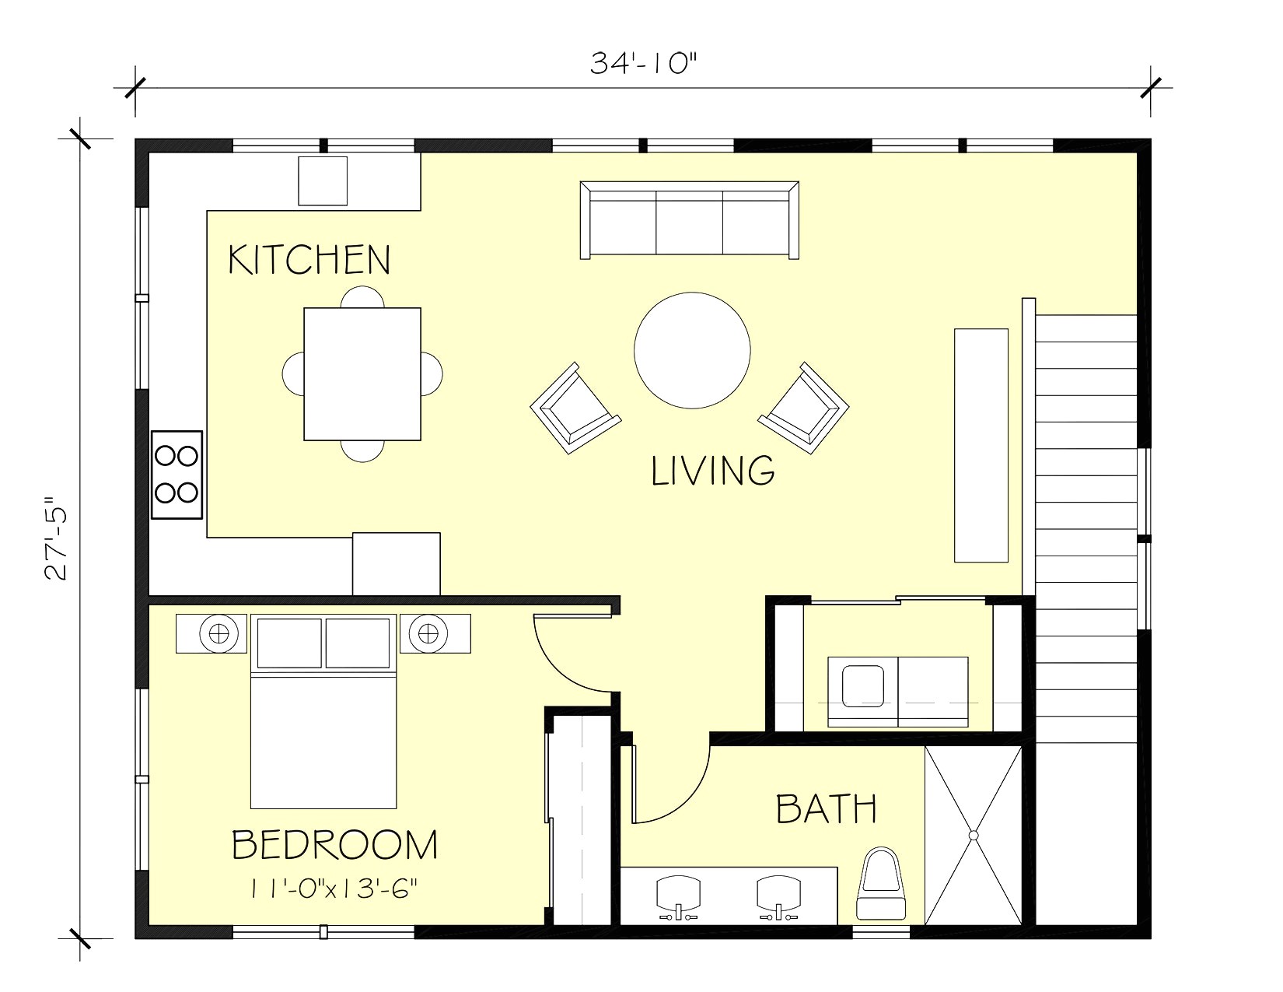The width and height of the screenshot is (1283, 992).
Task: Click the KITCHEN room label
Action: [x=309, y=260]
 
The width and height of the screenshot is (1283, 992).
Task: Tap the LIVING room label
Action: [x=712, y=471]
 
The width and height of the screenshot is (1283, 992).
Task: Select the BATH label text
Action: [x=827, y=809]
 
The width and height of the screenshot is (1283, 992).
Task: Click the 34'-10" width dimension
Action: [x=641, y=64]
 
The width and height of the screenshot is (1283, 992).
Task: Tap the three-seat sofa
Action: [x=690, y=220]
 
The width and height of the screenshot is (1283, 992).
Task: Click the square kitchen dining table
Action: [x=362, y=374]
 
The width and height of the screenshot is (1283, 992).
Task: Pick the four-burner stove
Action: [x=177, y=474]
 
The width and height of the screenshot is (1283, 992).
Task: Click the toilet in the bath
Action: [x=882, y=884]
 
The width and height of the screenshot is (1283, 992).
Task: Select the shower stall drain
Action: [x=973, y=835]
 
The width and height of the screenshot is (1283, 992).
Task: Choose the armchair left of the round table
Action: [x=575, y=408]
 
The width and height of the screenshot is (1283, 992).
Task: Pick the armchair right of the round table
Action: [x=804, y=408]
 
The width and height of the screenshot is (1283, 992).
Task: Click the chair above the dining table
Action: [x=362, y=296]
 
